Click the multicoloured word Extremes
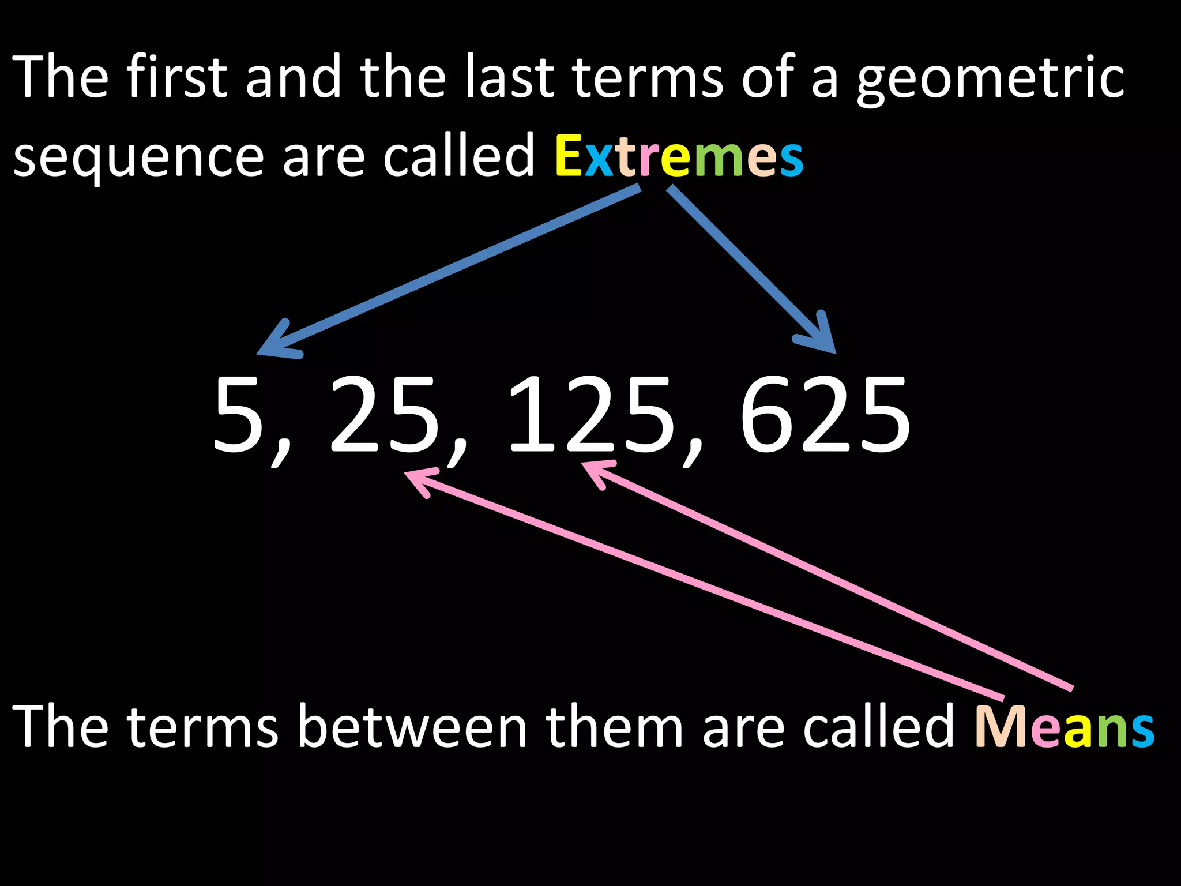click(679, 156)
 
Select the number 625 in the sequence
click(825, 414)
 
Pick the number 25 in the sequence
click(383, 414)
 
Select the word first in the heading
click(176, 77)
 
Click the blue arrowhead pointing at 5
click(276, 343)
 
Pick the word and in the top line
click(294, 77)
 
